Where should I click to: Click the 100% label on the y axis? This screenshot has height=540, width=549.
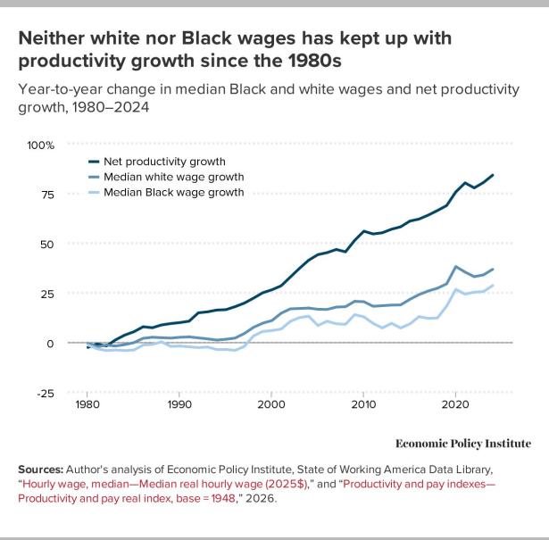(40, 145)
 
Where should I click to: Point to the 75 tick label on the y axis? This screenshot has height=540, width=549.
(47, 195)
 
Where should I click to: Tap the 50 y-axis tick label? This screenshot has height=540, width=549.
(47, 245)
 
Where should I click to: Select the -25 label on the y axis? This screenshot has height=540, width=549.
(46, 394)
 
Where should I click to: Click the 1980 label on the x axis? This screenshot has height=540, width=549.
(87, 404)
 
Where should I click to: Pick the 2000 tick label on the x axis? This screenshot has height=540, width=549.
(271, 404)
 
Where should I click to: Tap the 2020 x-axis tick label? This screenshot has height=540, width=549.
(455, 404)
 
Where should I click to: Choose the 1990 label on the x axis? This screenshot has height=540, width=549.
(179, 404)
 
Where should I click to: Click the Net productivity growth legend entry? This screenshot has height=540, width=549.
(157, 162)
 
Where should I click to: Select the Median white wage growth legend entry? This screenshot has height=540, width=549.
(166, 177)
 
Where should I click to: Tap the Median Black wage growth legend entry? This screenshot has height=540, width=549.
(166, 193)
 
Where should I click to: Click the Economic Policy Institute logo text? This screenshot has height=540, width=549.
(463, 444)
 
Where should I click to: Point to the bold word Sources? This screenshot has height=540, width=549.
(40, 469)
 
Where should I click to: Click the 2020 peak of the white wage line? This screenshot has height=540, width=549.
(455, 266)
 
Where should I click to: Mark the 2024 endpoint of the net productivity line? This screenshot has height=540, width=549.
(492, 175)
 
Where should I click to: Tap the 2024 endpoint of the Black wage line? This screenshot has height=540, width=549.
(492, 286)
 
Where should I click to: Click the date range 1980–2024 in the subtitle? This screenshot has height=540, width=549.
(111, 107)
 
